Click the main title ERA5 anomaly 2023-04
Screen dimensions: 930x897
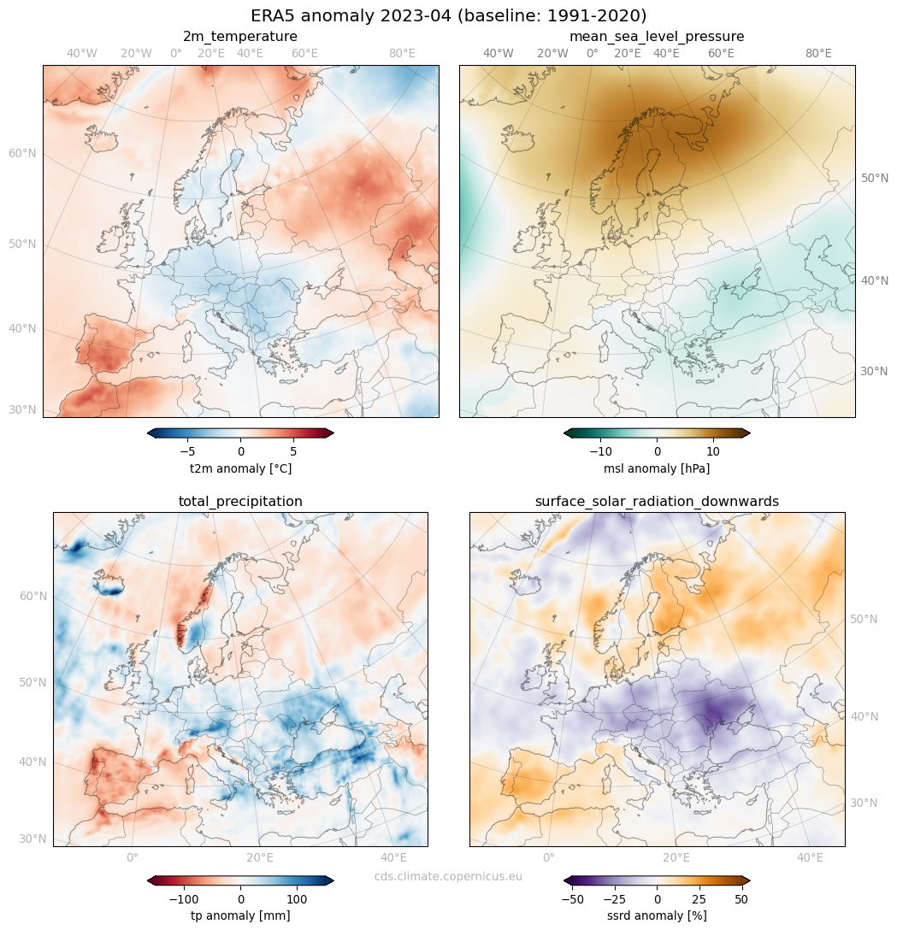(x=448, y=16)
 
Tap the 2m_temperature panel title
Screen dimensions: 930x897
(x=240, y=37)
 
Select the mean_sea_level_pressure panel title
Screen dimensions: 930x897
(x=657, y=37)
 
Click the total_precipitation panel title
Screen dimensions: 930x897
(x=240, y=502)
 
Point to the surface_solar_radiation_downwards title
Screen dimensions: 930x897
(x=657, y=502)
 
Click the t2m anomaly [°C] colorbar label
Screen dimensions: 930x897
(x=240, y=469)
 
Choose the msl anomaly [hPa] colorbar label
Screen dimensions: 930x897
(x=657, y=469)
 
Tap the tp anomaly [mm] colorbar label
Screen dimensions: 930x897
(x=240, y=916)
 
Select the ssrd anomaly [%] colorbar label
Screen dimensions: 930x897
(x=657, y=916)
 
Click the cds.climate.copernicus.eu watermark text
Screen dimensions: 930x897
(x=448, y=876)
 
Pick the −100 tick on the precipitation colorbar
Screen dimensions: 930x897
(x=183, y=899)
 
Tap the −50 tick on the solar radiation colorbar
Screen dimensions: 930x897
(x=571, y=899)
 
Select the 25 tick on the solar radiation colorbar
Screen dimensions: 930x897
(x=699, y=899)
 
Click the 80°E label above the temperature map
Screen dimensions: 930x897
(x=402, y=53)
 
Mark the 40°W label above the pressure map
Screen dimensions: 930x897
(x=499, y=53)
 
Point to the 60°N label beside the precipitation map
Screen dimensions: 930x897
(x=32, y=596)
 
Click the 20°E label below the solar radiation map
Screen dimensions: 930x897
(x=676, y=857)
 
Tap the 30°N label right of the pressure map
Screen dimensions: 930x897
(x=874, y=372)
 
